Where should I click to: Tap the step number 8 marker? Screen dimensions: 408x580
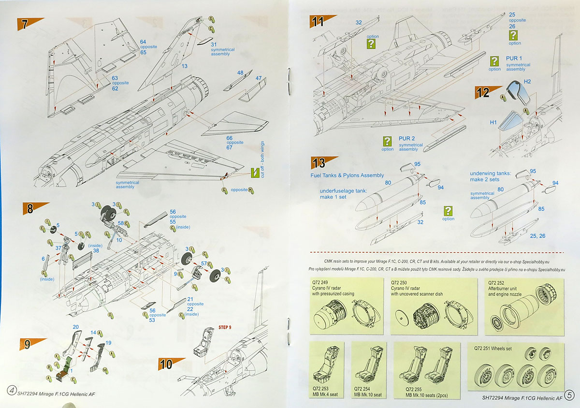(29, 208)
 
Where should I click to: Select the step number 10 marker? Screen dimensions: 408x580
(166, 364)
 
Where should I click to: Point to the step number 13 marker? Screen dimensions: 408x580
(319, 162)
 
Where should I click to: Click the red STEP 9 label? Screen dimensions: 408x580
(225, 327)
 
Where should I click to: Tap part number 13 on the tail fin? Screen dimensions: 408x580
(184, 66)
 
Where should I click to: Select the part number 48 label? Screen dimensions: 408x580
(240, 73)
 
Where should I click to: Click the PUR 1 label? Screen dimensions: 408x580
(514, 58)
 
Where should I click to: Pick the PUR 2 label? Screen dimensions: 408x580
(407, 139)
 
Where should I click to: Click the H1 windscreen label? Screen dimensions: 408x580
(493, 122)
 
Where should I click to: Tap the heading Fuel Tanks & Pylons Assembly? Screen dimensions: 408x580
(347, 175)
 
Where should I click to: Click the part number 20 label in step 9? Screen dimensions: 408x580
(76, 327)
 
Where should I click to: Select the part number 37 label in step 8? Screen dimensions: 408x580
(58, 248)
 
